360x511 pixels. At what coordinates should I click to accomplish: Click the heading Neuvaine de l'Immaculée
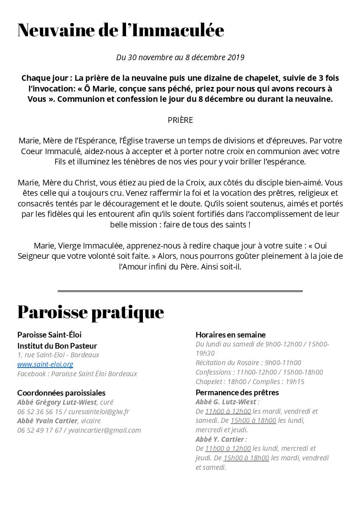point(121,30)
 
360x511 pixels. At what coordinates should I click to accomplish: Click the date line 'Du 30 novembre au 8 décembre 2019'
point(180,57)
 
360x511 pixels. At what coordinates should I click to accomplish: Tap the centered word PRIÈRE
point(180,120)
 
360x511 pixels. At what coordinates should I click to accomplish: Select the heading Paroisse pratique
point(91,312)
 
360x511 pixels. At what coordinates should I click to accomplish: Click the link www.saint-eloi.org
point(45,364)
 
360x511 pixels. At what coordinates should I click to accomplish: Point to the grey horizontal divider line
point(180,291)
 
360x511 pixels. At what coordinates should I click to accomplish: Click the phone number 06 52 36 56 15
point(40,412)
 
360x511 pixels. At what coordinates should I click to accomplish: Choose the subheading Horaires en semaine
point(230,335)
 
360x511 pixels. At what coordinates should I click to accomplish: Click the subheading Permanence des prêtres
point(237,392)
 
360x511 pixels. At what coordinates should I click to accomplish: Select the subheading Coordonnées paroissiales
point(61,393)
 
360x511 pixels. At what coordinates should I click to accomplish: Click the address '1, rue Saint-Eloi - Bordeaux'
point(58,355)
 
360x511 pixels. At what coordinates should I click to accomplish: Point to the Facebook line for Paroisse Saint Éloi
point(77,374)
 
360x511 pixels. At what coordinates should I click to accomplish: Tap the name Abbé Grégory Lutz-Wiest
point(57,402)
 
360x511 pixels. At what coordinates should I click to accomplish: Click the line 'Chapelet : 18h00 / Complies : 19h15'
point(250,382)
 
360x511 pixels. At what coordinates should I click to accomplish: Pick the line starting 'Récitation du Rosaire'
point(248,363)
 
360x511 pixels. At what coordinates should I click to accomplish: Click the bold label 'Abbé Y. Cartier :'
point(221,439)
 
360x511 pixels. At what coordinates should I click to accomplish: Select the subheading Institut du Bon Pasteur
point(57,346)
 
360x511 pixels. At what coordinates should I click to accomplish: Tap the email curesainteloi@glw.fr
point(99,412)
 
